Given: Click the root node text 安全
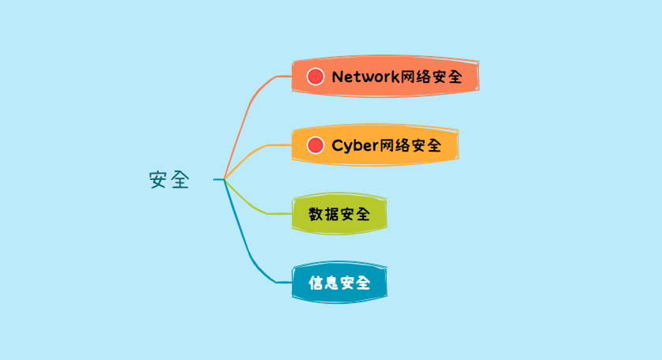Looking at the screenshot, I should pyautogui.click(x=169, y=180).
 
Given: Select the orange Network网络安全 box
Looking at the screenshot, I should pyautogui.click(x=385, y=77).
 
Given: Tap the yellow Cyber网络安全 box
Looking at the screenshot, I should pyautogui.click(x=375, y=145).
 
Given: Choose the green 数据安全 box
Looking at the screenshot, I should pyautogui.click(x=339, y=213).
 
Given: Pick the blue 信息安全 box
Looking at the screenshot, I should pyautogui.click(x=339, y=282).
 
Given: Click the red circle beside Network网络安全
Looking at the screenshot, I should pyautogui.click(x=316, y=77).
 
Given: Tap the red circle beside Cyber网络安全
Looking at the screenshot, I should pyautogui.click(x=316, y=145).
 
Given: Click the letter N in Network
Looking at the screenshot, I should pyautogui.click(x=337, y=77).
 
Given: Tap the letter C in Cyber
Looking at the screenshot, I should pyautogui.click(x=337, y=145).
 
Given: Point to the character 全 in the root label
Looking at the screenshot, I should pyautogui.click(x=180, y=180).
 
